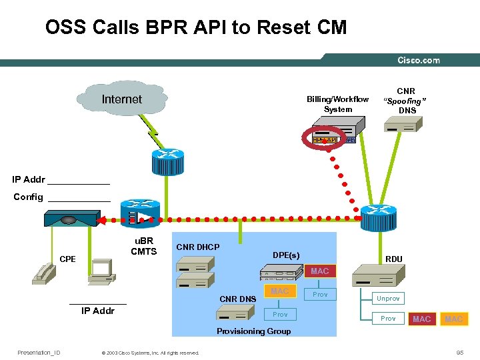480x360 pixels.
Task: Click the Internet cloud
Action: [121, 100]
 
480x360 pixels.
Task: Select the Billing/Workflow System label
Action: [337, 105]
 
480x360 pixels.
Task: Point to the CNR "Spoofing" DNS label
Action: [406, 101]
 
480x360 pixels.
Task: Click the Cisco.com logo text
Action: [418, 60]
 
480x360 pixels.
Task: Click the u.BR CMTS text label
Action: [143, 246]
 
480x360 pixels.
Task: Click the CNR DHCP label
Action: [197, 247]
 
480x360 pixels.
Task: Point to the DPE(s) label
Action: [286, 255]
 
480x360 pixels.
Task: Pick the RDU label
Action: [393, 259]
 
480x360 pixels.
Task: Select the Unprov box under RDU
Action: [388, 299]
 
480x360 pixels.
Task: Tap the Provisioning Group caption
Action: [254, 331]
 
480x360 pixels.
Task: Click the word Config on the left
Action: [28, 197]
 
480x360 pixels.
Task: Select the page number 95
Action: [459, 352]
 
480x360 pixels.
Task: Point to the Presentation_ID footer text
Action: [39, 352]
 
